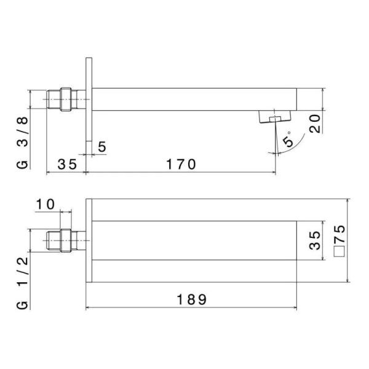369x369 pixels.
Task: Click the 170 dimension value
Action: coord(181,164)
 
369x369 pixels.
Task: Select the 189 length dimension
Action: coord(191,300)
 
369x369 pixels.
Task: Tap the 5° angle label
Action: coord(288,140)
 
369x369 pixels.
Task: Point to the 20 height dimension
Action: coord(315,124)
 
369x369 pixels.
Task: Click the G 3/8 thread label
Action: coord(23,143)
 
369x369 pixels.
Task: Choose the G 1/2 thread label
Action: coord(23,283)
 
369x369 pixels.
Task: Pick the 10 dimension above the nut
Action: coord(45,204)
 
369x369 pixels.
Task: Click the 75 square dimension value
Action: coord(339,234)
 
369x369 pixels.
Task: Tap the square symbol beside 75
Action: coord(339,251)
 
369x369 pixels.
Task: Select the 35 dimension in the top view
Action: coord(67,164)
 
